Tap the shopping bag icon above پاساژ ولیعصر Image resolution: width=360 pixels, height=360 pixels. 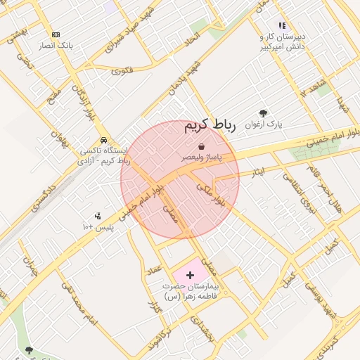[x=202, y=146]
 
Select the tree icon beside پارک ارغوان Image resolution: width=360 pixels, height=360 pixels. [x=263, y=112]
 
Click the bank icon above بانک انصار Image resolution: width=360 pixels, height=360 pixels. [x=56, y=34]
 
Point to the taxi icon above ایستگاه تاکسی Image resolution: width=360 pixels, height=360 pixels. [x=104, y=139]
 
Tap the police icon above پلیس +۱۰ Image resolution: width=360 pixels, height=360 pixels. [x=98, y=216]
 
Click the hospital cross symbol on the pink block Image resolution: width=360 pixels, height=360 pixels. [x=190, y=273]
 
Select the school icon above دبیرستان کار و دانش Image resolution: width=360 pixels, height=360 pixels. [x=282, y=25]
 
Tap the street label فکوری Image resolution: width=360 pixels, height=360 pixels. [x=122, y=70]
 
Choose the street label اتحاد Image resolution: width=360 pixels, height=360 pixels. [x=192, y=42]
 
